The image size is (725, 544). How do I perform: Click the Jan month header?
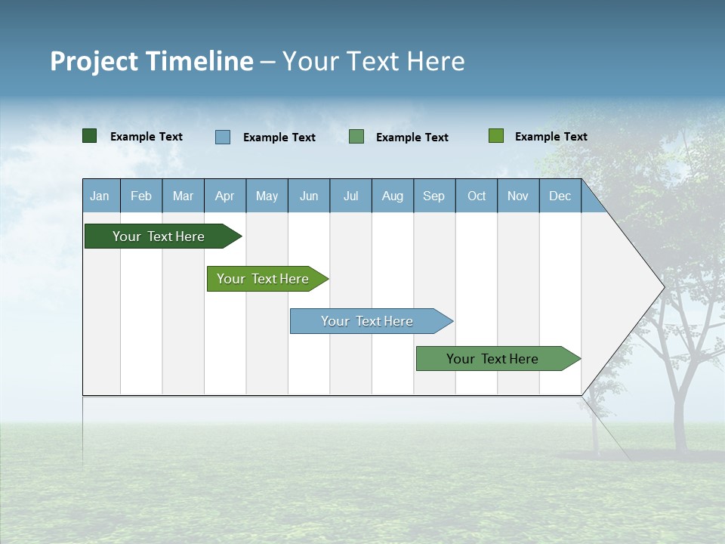[100, 196]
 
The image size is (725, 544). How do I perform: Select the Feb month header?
[141, 196]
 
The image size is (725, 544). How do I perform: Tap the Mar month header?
[183, 196]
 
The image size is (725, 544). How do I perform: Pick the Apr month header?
[225, 196]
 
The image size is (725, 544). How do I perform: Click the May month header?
[267, 196]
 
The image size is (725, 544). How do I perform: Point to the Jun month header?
[309, 196]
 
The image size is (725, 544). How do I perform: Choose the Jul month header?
[350, 196]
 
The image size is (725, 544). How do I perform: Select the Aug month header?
[393, 196]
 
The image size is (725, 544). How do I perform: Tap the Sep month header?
[434, 196]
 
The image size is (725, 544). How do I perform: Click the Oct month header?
[477, 196]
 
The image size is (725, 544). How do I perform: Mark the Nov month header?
[518, 196]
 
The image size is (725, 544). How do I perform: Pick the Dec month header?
[560, 196]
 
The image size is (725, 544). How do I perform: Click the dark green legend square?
[90, 136]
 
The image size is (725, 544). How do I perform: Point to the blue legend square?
[223, 137]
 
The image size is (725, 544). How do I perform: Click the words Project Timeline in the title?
[152, 61]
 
